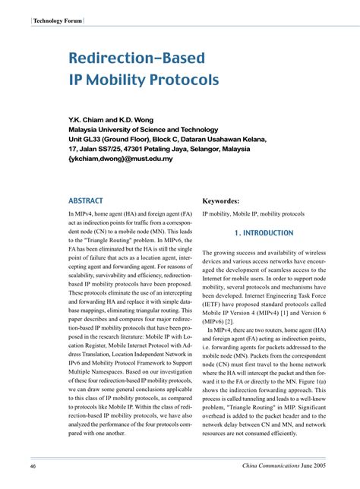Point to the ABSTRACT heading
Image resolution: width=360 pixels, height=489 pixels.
[x=87, y=201]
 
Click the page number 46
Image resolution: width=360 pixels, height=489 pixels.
[x=33, y=464]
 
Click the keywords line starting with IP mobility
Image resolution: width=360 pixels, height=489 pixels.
[x=253, y=215]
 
